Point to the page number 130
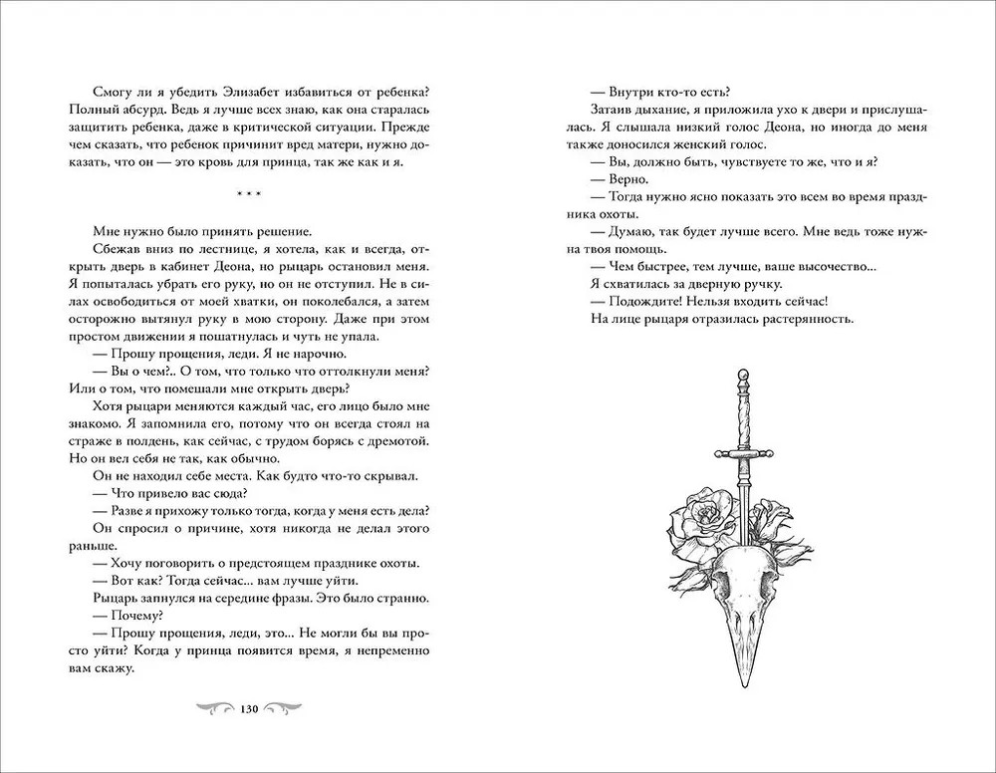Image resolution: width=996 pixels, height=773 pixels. click(x=249, y=708)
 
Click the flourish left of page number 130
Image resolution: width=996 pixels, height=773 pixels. click(x=213, y=708)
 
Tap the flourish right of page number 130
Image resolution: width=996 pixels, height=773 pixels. click(x=285, y=708)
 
